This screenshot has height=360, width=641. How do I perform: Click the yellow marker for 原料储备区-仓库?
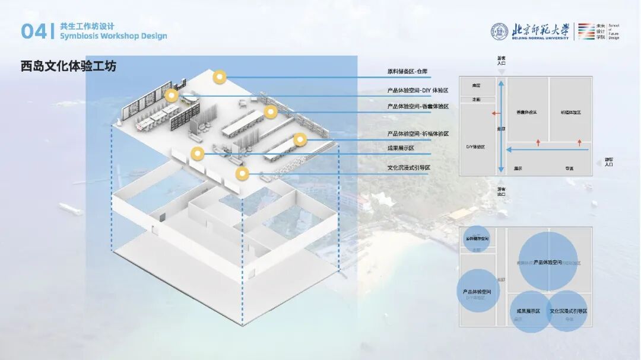[220, 77]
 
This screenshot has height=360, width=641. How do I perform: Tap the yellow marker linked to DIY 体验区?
[172, 95]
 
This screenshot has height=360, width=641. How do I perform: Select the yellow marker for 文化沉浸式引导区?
[242, 174]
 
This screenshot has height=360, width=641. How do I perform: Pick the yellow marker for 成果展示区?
[196, 154]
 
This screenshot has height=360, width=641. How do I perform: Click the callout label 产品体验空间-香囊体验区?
[418, 107]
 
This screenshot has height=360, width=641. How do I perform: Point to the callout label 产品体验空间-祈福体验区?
[418, 134]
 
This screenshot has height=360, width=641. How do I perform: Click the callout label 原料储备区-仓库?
[408, 72]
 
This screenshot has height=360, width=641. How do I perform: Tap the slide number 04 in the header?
[33, 32]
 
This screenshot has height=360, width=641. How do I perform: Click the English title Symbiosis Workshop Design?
[113, 36]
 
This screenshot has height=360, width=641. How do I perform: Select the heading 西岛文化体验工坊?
[68, 66]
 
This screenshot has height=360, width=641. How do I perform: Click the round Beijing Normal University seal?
[500, 31]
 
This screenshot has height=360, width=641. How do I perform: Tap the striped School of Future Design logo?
[586, 31]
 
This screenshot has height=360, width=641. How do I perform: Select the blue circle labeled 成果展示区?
[528, 311]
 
